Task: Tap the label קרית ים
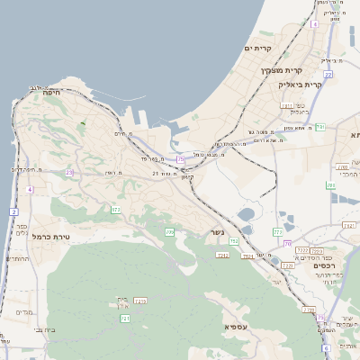point(257,48)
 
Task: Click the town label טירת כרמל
point(50,236)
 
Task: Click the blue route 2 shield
point(14,211)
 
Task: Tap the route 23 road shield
point(68,171)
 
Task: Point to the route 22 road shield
point(328,75)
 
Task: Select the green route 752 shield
point(233,241)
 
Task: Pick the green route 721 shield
point(125,319)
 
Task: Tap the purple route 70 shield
point(287,244)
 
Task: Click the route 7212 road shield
point(222,255)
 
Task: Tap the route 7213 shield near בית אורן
point(139,300)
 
